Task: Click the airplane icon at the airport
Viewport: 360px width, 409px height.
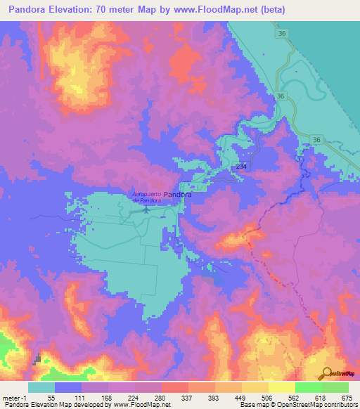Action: pos(146,208)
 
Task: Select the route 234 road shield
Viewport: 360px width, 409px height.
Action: pos(241,166)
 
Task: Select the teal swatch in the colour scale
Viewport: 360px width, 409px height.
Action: pos(41,387)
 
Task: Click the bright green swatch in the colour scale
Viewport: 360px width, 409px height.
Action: pos(308,387)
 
